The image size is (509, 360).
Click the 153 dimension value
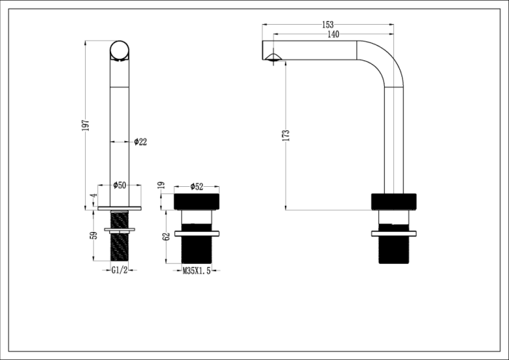pyautogui.click(x=328, y=24)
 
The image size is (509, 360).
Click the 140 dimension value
pyautogui.click(x=333, y=33)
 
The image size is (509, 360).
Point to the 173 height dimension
pyautogui.click(x=286, y=135)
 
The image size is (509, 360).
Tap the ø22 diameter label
pyautogui.click(x=140, y=142)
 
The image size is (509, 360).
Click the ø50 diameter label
pyautogui.click(x=119, y=185)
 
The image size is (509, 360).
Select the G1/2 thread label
pyautogui.click(x=120, y=271)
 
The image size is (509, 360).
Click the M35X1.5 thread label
pyautogui.click(x=196, y=271)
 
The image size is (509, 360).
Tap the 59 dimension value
pyautogui.click(x=93, y=236)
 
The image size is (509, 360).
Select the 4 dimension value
pyautogui.click(x=93, y=196)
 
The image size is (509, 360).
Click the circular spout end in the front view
pyautogui.click(x=120, y=49)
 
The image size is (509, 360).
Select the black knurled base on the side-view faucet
pyautogui.click(x=393, y=201)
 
